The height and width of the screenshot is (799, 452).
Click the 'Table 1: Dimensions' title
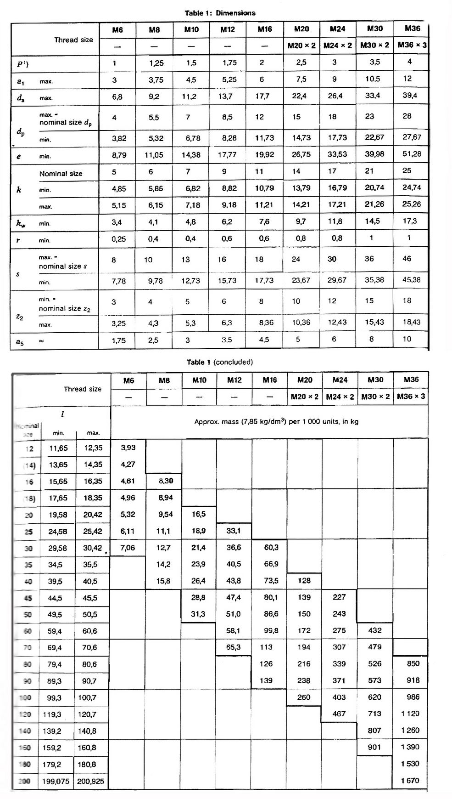[x=220, y=13]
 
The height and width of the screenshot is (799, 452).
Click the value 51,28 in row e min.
[x=412, y=154]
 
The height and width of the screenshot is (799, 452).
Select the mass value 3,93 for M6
[x=128, y=448]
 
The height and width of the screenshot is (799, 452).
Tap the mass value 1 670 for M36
[x=410, y=780]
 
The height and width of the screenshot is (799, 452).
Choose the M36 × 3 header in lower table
[x=411, y=396]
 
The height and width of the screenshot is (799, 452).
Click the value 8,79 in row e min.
[x=119, y=155]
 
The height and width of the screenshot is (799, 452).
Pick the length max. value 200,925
[x=91, y=781]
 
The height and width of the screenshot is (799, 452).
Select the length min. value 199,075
[x=56, y=781]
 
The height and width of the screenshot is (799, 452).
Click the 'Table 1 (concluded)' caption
[x=219, y=362]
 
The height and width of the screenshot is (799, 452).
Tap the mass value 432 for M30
[x=375, y=630]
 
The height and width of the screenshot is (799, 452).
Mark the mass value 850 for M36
[x=413, y=663]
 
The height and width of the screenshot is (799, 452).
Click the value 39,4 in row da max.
[x=411, y=96]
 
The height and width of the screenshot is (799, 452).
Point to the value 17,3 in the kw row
[x=410, y=221]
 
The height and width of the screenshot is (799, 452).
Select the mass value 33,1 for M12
[x=234, y=531]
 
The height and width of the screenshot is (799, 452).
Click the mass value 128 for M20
[x=304, y=580]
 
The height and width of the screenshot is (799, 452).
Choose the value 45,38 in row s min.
[x=411, y=280]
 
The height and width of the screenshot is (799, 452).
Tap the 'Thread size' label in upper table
[x=73, y=40]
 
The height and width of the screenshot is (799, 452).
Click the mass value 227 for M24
[x=339, y=597]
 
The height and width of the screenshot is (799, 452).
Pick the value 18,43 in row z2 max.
[x=411, y=322]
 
